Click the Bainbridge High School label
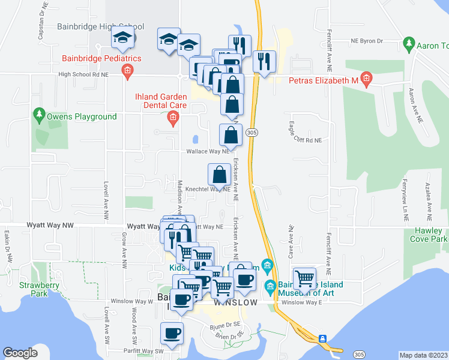point(101,26)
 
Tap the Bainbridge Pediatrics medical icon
point(127,72)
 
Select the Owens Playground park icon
point(40,113)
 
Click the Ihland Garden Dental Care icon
point(173,118)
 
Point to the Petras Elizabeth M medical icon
point(367,79)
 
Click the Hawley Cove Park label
point(430,235)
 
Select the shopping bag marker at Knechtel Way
point(220,175)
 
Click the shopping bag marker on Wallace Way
point(231,136)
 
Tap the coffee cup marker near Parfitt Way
point(172,334)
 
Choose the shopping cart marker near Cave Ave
point(306,278)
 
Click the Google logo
point(20,353)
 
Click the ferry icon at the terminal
point(323,338)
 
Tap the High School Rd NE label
point(83,75)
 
